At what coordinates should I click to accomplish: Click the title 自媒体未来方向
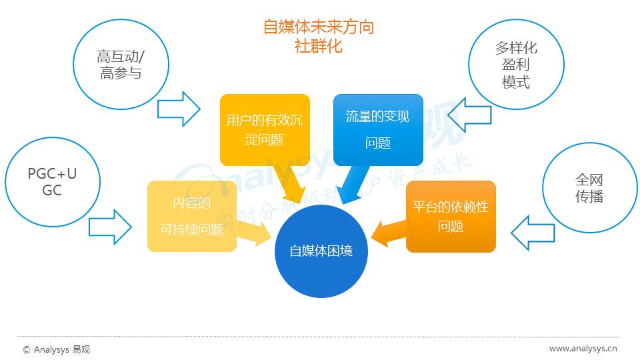coord(318,27)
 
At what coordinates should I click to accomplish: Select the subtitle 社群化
coord(318,47)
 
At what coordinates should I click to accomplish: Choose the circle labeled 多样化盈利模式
coord(516,65)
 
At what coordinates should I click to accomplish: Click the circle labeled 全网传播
coord(589,189)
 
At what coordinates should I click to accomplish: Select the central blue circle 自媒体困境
coord(321,251)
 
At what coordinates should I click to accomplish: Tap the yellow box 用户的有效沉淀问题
coord(265,129)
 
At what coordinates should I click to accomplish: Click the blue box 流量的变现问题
coord(378,129)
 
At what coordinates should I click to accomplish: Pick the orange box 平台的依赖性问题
coord(451,216)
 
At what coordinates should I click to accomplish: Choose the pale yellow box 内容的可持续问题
coord(191,216)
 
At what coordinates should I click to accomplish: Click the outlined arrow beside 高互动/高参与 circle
coord(179,108)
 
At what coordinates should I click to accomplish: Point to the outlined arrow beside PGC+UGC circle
coord(110,227)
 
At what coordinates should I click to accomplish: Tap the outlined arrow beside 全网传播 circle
coord(533,233)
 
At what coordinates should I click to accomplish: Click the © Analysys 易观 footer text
coord(57,349)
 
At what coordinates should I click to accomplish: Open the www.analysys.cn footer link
coord(583,349)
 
